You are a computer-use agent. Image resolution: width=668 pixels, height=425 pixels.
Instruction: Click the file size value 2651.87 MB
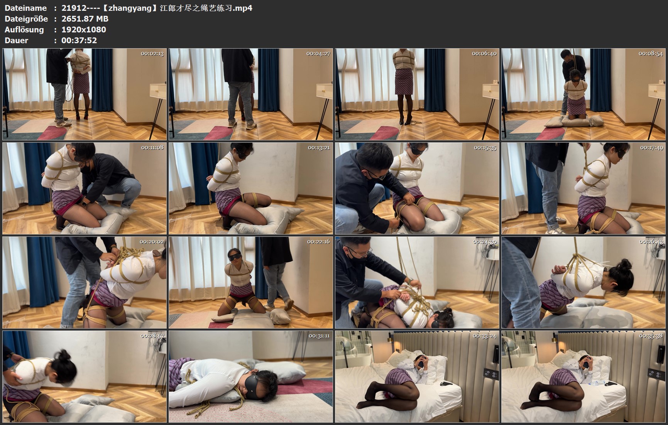(85, 19)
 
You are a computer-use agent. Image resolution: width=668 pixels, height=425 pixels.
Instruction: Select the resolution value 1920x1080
(84, 29)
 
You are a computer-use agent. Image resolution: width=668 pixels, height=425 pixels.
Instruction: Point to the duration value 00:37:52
(79, 40)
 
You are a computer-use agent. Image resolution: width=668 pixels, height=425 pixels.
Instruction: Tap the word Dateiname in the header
(25, 8)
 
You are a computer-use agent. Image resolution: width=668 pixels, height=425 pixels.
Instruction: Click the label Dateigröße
(26, 19)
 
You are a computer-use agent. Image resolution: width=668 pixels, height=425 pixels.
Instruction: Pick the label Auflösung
(24, 30)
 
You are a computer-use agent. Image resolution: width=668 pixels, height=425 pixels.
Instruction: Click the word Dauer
(16, 40)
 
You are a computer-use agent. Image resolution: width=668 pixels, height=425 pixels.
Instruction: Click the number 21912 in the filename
(73, 8)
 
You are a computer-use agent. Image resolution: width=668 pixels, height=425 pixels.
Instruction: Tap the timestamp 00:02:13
(152, 54)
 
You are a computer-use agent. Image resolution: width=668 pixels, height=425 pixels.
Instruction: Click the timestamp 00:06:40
(484, 54)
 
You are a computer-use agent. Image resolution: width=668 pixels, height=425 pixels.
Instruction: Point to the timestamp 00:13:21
(319, 148)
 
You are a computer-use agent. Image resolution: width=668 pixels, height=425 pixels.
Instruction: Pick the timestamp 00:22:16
(318, 242)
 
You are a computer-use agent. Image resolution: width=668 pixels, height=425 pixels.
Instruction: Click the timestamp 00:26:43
(651, 242)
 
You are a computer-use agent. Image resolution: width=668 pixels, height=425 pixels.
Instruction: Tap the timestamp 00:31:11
(319, 336)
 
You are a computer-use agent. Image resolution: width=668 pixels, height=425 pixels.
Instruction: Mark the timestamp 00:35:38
(651, 336)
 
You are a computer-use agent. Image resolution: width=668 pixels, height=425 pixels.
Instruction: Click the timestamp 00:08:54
(651, 54)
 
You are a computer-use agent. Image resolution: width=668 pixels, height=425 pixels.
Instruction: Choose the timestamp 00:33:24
(485, 336)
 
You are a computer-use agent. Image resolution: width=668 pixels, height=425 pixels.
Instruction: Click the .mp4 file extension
(243, 8)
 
